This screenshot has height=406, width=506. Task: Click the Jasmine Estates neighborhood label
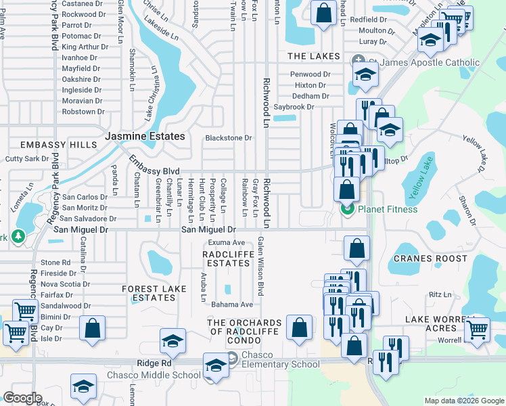click(145, 137)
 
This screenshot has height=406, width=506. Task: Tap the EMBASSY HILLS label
click(49, 145)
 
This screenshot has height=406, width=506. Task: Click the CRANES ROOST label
click(430, 258)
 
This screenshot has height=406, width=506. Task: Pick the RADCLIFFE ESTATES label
click(228, 258)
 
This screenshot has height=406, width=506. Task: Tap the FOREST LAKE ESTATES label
click(154, 293)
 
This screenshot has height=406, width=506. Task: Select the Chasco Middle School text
click(153, 376)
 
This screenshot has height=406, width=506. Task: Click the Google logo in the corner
click(23, 398)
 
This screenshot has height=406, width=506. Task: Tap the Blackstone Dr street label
click(228, 138)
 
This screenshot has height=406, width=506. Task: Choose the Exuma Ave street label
click(226, 242)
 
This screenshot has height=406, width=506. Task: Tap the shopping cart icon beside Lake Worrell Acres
click(478, 329)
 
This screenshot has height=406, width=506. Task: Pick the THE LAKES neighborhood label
click(308, 56)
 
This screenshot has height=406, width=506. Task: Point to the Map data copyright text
click(463, 401)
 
